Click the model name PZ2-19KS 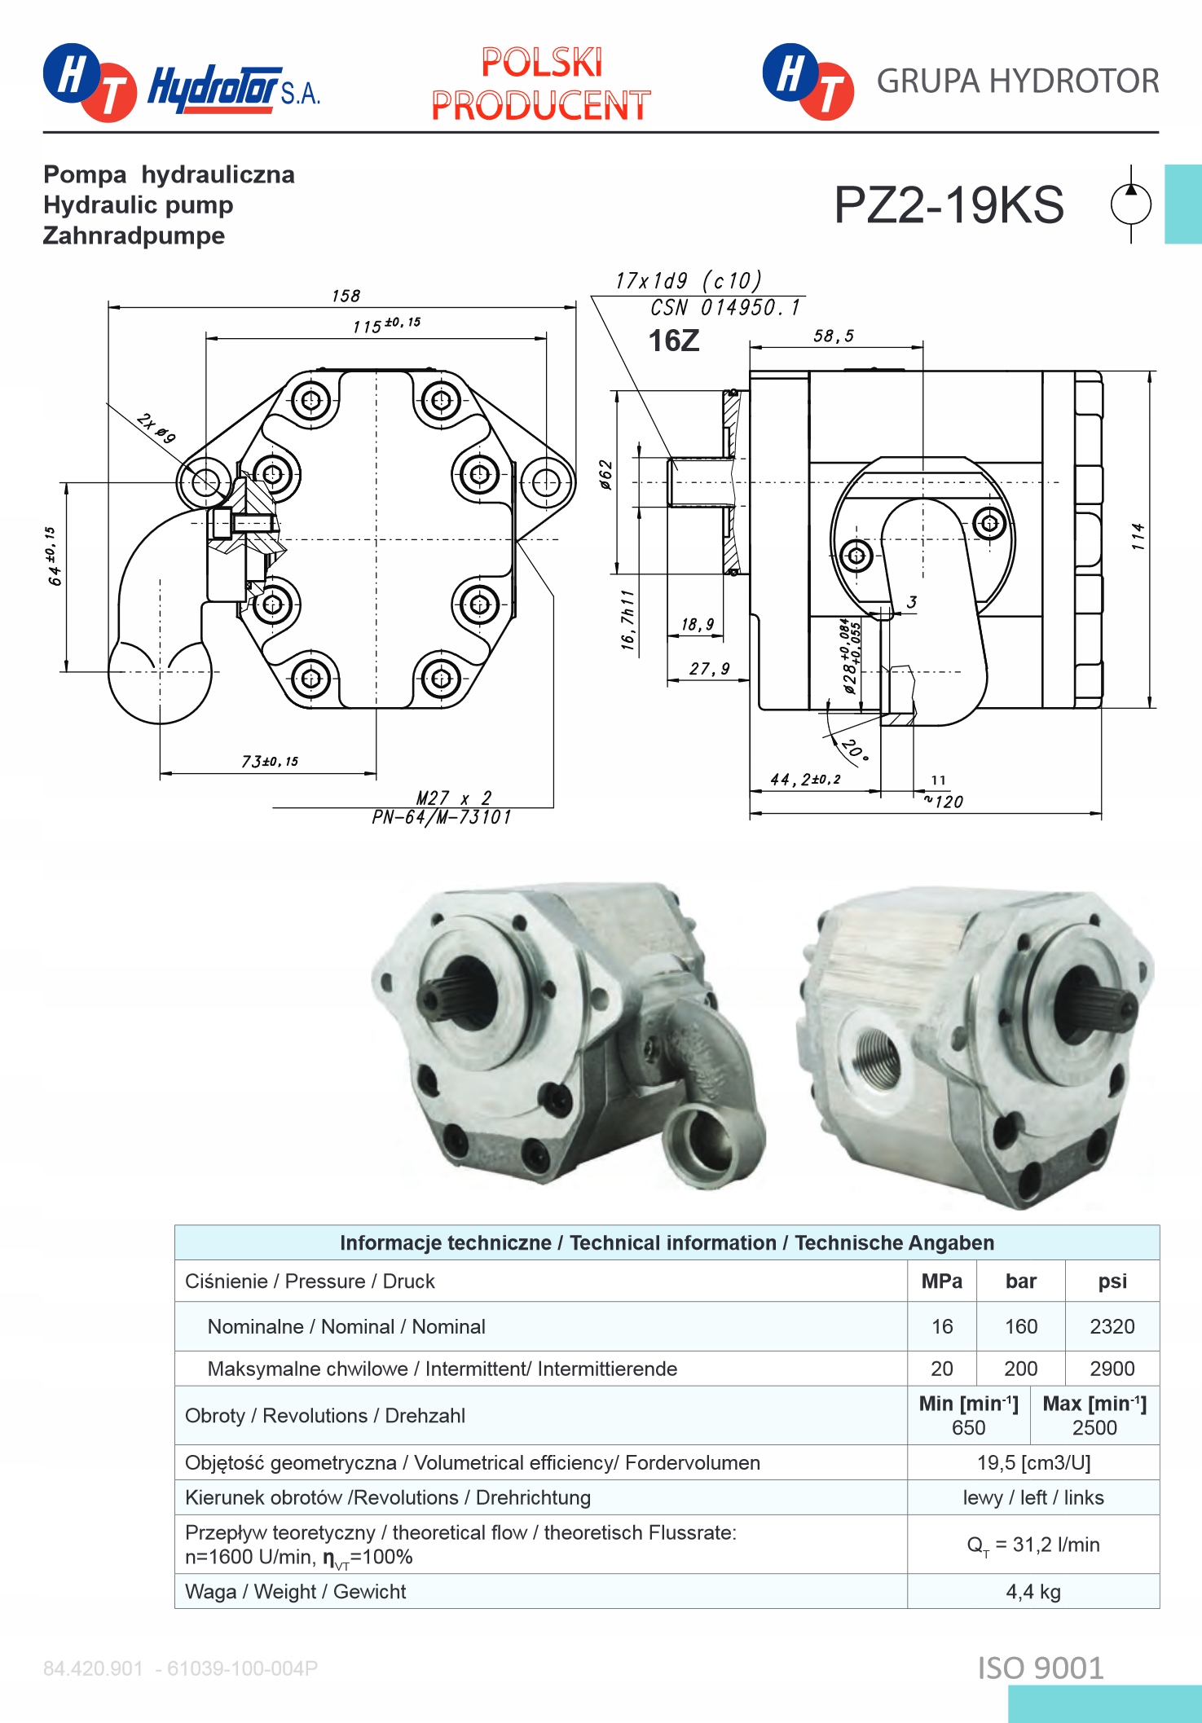point(949,204)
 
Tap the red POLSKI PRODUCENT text point(541,84)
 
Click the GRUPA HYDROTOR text point(1017,81)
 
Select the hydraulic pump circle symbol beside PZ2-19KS point(1131,204)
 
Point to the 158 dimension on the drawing point(346,296)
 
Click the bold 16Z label point(673,341)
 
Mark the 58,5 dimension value point(834,336)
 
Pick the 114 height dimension point(1138,536)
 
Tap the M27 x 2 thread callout point(454,798)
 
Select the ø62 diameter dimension point(605,474)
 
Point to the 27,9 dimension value point(709,669)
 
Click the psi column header point(1112,1281)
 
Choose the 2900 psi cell point(1112,1369)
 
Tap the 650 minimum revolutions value point(968,1428)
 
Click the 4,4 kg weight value point(1032,1592)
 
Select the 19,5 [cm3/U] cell point(1032,1463)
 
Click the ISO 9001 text point(1041,1668)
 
